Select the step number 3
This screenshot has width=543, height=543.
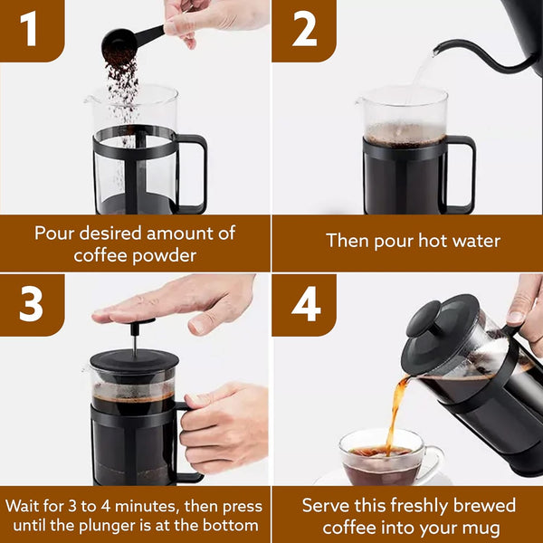click(x=31, y=305)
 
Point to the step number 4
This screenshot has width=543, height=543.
click(x=306, y=305)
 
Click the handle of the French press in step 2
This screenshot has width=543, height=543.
click(x=462, y=172)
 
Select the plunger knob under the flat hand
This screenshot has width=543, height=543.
click(x=135, y=324)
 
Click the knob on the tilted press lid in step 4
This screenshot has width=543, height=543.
click(x=424, y=319)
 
